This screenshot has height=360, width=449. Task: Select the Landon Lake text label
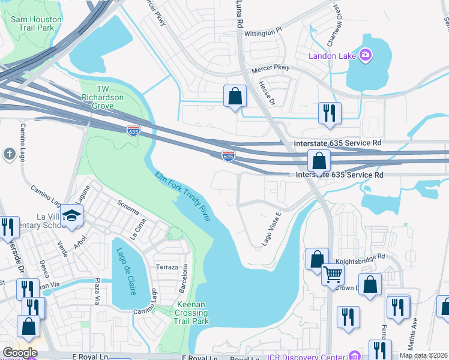tap(333, 56)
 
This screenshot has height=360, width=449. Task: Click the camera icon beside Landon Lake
tap(366, 56)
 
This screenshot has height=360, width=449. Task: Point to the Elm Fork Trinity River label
tap(183, 196)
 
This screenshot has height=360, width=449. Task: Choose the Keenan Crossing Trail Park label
tap(192, 313)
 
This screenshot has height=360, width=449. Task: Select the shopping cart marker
tap(333, 275)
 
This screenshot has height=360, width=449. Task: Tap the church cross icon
tap(9, 154)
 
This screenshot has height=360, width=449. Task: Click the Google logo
tap(20, 353)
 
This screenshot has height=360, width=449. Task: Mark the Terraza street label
tap(167, 266)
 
